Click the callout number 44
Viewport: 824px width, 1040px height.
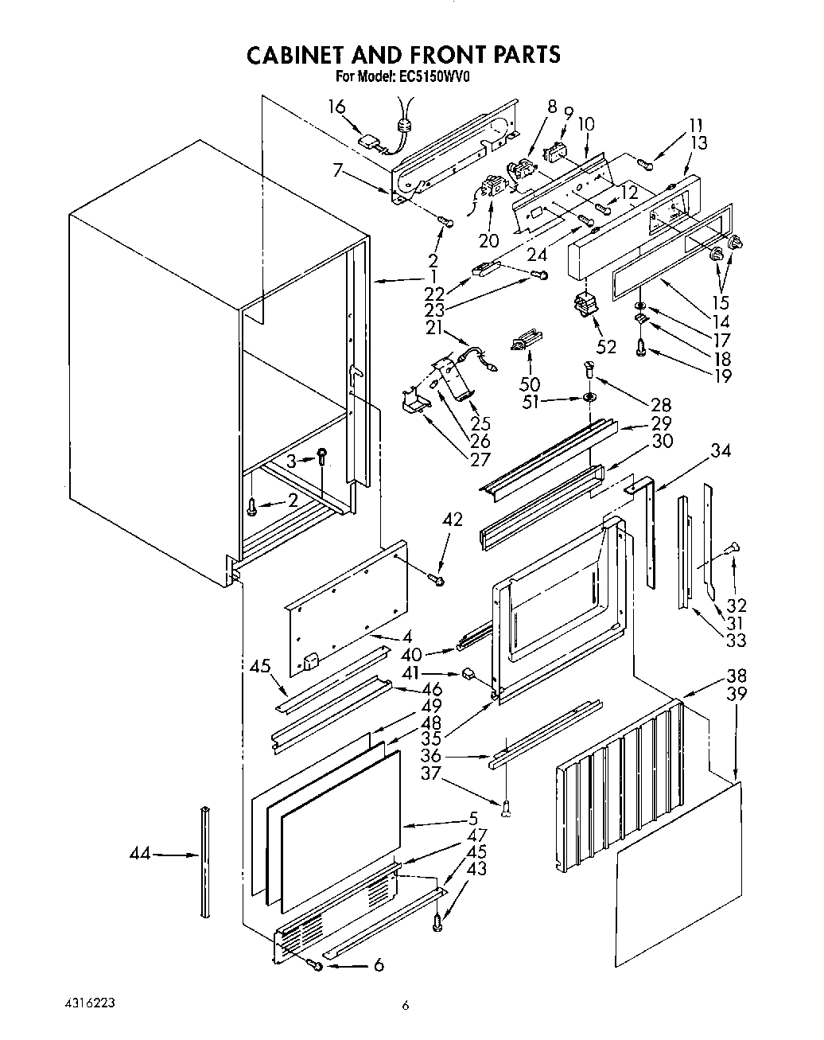pyautogui.click(x=139, y=855)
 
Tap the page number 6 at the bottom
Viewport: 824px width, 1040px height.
pyautogui.click(x=406, y=1007)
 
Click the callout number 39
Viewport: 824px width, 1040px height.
pyautogui.click(x=737, y=693)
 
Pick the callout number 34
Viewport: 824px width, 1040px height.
pyautogui.click(x=721, y=451)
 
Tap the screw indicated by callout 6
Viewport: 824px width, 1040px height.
pyautogui.click(x=316, y=965)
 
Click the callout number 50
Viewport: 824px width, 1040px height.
pyautogui.click(x=529, y=385)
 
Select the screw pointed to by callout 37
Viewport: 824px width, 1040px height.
pyautogui.click(x=506, y=810)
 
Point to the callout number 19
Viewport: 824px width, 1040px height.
pyautogui.click(x=722, y=376)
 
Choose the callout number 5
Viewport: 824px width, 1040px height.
pyautogui.click(x=472, y=817)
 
